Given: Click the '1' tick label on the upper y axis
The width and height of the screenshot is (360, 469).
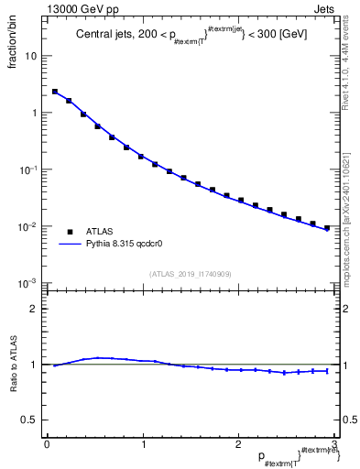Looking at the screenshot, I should pyautogui.click(x=35, y=113).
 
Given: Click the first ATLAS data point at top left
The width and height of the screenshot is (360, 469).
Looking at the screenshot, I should pyautogui.click(x=55, y=92).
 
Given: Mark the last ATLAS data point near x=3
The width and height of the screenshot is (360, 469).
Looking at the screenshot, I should pyautogui.click(x=327, y=228).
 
